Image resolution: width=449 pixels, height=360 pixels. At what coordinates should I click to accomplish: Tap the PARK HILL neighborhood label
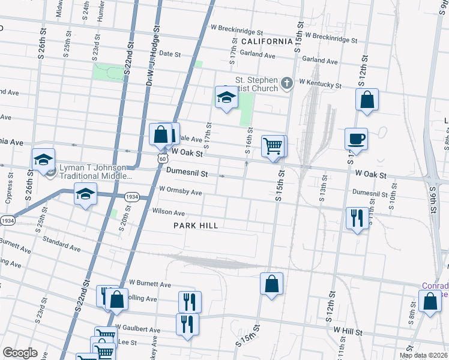196,226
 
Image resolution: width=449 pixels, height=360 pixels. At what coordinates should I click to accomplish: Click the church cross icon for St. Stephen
287,82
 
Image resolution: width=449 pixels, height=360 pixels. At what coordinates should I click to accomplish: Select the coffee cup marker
356,139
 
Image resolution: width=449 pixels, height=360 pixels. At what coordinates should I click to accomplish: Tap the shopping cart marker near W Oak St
273,146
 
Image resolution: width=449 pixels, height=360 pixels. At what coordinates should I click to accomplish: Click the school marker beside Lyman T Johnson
43,160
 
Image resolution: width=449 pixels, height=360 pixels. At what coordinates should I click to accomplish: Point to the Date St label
170,54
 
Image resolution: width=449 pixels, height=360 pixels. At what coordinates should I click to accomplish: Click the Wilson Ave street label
168,212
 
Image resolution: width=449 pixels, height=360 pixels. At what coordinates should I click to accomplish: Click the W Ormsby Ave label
180,191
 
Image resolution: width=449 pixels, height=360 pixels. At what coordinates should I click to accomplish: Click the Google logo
20,353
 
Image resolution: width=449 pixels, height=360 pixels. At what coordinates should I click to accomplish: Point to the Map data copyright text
424,355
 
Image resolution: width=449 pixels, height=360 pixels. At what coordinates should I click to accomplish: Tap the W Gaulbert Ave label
137,329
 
